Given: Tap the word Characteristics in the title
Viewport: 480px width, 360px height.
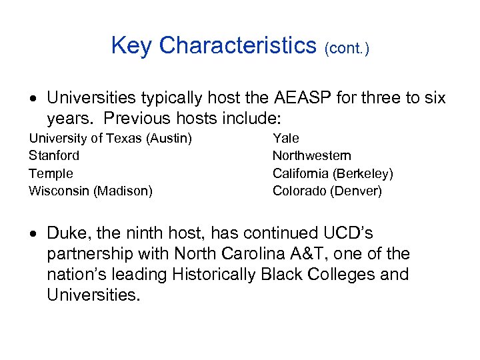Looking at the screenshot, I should (237, 45).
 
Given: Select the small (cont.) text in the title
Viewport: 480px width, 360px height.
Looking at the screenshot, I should (347, 48).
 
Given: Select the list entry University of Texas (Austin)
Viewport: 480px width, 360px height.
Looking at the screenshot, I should (110, 138).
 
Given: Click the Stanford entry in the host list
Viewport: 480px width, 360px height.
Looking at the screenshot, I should (53, 155).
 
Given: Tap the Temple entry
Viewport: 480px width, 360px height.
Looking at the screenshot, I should (51, 173).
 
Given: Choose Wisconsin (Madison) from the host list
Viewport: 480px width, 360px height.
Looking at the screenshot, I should (90, 191).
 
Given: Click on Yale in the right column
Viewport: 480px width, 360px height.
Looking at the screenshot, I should (286, 138).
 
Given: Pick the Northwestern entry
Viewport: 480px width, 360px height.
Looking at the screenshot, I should (311, 155).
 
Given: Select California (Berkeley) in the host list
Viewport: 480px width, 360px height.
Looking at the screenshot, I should (333, 173).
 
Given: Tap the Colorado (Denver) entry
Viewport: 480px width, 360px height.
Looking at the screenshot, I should (327, 191).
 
